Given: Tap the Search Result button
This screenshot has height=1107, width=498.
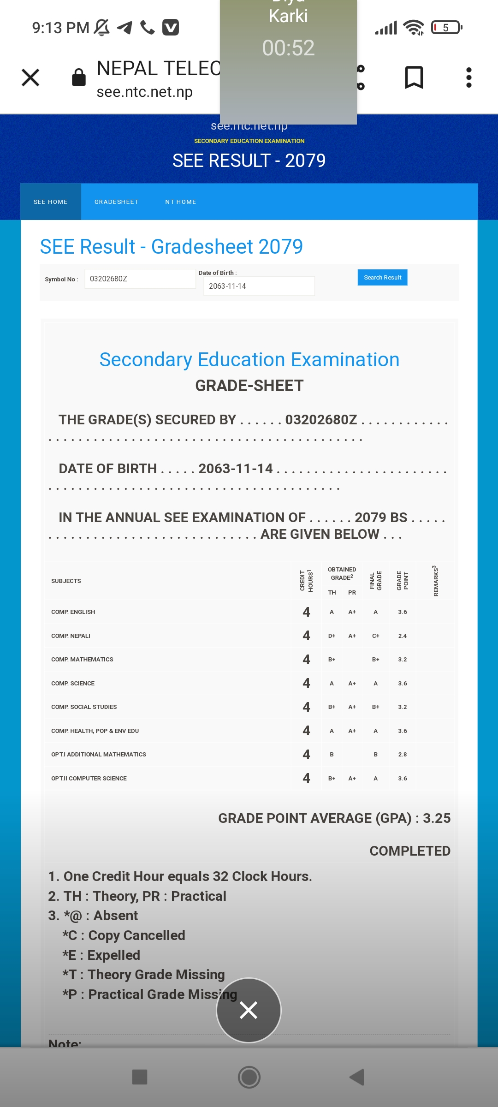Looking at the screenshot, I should click(382, 278).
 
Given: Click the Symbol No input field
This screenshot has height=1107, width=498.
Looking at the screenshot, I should click(140, 279).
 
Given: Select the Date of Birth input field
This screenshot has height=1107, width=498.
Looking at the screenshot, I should click(259, 286).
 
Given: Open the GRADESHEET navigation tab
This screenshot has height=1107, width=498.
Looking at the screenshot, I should click(116, 202).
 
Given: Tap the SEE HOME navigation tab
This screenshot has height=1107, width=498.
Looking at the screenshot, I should click(51, 202).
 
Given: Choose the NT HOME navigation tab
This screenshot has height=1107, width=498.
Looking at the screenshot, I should click(181, 202).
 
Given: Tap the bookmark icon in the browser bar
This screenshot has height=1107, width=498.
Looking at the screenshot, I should click(414, 77).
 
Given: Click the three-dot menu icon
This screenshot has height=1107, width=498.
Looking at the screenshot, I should click(468, 77).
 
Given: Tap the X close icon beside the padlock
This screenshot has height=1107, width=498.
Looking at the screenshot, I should click(30, 77).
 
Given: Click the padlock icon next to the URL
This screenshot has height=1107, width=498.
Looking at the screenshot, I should click(79, 77).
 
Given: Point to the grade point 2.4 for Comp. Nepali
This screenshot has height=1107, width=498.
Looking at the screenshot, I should click(403, 636).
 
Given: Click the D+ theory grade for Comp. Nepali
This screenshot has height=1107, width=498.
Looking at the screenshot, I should click(332, 636).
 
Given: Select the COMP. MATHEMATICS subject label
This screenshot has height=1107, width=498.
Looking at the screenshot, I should click(82, 660).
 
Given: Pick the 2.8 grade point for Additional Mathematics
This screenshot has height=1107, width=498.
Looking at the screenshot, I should click(403, 755).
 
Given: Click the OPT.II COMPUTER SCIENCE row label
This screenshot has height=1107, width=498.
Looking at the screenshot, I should click(89, 779).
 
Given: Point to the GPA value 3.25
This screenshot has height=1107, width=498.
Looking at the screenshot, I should click(437, 818).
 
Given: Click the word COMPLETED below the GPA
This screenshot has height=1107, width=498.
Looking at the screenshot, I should click(410, 851).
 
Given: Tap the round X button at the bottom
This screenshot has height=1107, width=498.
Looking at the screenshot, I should click(249, 1011).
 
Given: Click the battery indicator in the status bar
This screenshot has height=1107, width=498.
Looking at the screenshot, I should click(446, 28).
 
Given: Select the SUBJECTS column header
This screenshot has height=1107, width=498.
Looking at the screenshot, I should click(66, 581).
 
